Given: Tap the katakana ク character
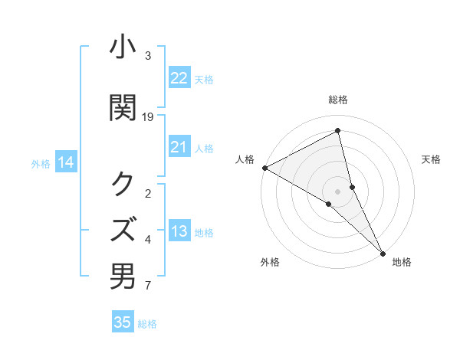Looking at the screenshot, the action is tap(123, 184).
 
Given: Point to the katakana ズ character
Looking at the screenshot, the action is tap(123, 228).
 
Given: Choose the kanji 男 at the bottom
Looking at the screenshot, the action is tap(123, 277).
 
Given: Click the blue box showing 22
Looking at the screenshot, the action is tap(179, 78).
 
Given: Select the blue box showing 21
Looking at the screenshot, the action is tap(179, 147).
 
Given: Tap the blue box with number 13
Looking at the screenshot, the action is tap(179, 232).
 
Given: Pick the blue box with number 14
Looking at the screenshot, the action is tap(65, 162).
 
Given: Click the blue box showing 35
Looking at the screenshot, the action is tap(123, 322).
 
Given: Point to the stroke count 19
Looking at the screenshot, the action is tap(148, 117).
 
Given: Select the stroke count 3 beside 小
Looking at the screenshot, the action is tap(148, 56).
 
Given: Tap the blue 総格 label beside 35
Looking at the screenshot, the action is tap(148, 324).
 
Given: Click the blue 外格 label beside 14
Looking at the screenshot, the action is tap(41, 163).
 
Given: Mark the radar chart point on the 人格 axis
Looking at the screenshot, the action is tap(264, 168).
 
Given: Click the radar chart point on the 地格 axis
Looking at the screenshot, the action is tap(383, 251).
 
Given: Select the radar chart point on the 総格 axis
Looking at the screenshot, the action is tap(337, 131).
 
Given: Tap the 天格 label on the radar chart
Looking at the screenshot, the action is tap(432, 159).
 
